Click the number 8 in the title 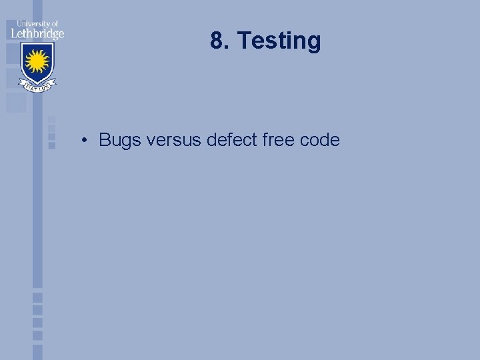(217, 41)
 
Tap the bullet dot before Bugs (85, 141)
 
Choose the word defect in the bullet (230, 140)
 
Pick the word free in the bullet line (276, 140)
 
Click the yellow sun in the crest (37, 62)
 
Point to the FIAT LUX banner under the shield (37, 87)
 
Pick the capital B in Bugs (105, 140)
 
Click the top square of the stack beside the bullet (51, 121)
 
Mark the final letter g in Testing (314, 43)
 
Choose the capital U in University (19, 23)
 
